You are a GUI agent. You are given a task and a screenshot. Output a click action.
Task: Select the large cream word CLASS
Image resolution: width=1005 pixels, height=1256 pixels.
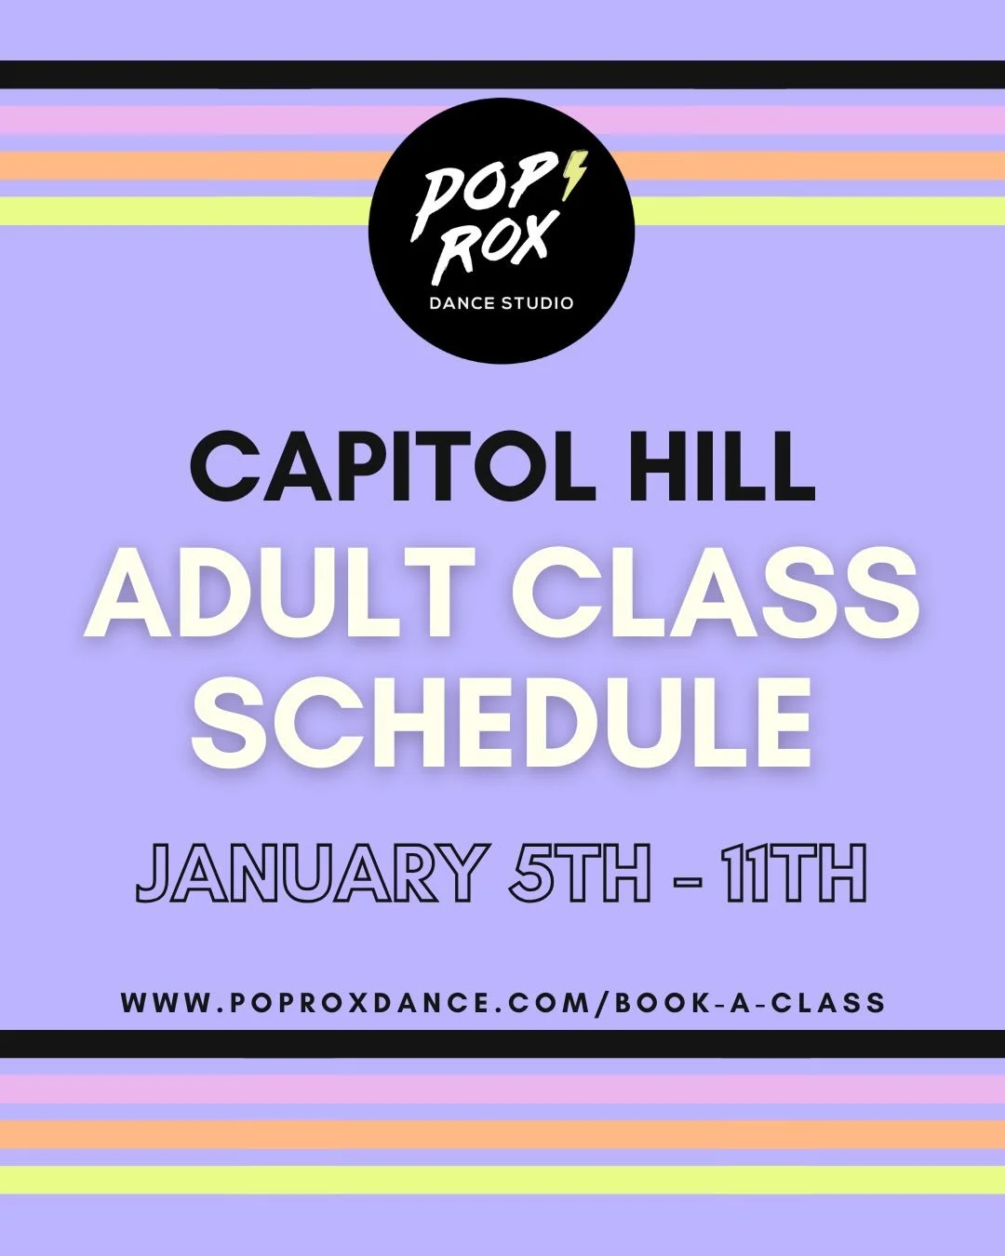click(x=717, y=594)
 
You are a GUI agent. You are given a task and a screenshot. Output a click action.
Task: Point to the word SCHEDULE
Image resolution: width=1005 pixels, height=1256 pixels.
click(x=502, y=719)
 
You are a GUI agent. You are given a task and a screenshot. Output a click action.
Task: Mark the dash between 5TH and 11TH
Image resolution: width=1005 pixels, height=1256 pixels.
click(x=687, y=876)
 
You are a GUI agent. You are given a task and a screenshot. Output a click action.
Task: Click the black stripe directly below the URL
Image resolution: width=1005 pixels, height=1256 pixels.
click(x=502, y=1044)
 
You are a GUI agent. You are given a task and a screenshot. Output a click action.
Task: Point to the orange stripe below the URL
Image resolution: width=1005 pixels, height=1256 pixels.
click(x=502, y=1134)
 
